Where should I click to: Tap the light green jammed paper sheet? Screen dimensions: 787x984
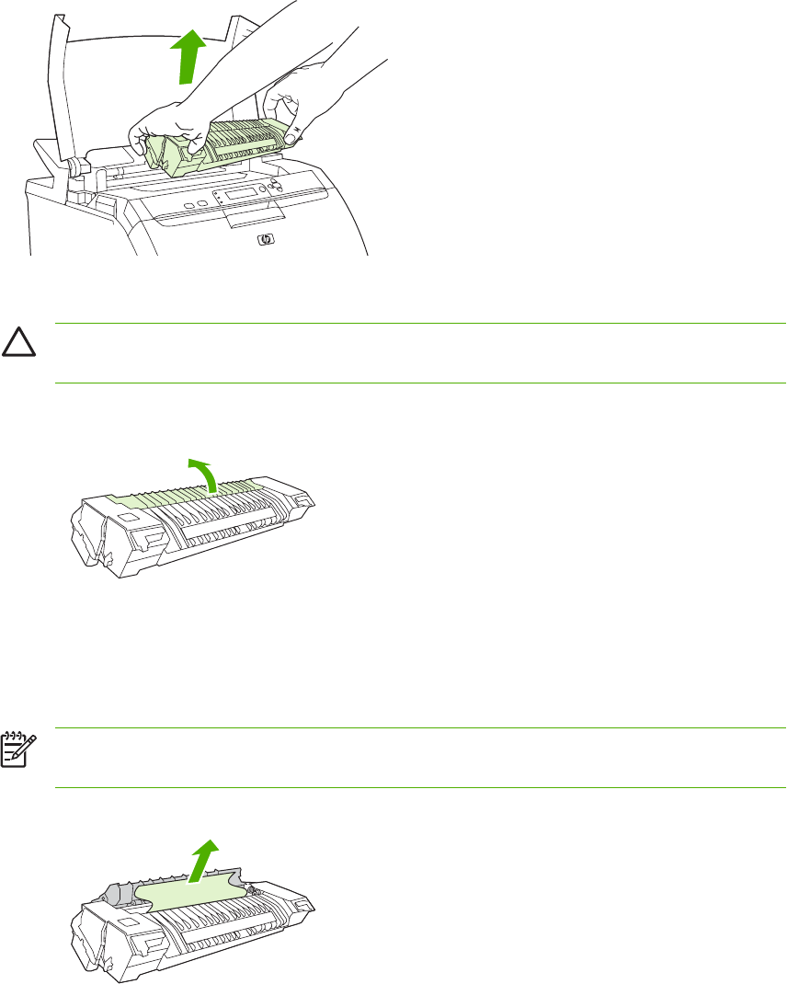pos(193,887)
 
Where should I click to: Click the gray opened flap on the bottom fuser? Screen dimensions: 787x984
pos(110,888)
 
